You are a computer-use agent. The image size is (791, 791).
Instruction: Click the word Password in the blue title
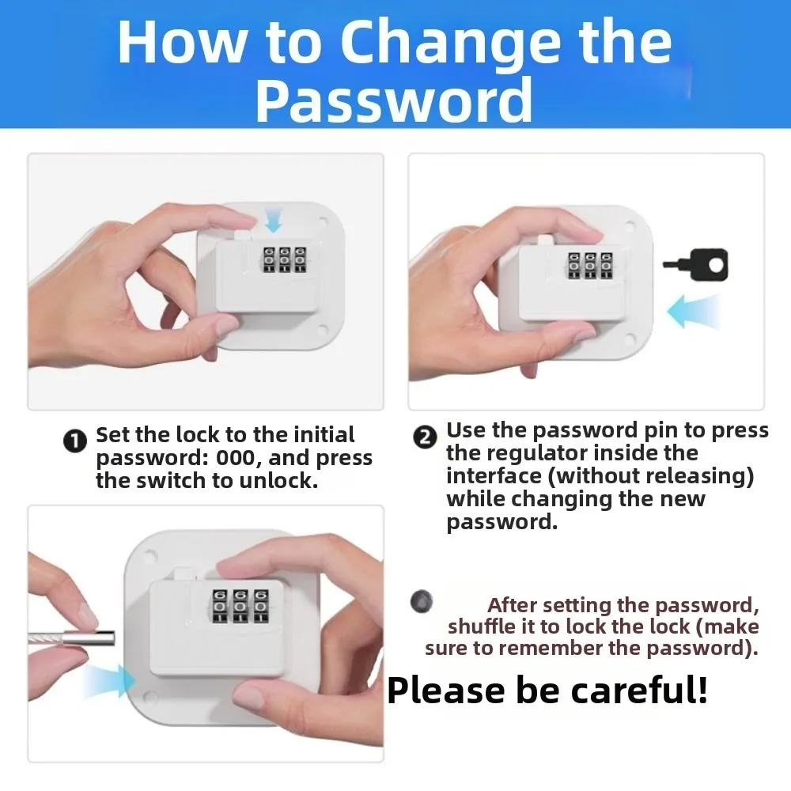coord(394,100)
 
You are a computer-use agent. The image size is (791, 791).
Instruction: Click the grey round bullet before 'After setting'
coord(422,601)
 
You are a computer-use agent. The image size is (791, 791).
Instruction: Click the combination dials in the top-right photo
coord(588,265)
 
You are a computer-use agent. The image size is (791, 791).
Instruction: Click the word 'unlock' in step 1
coord(282,480)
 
